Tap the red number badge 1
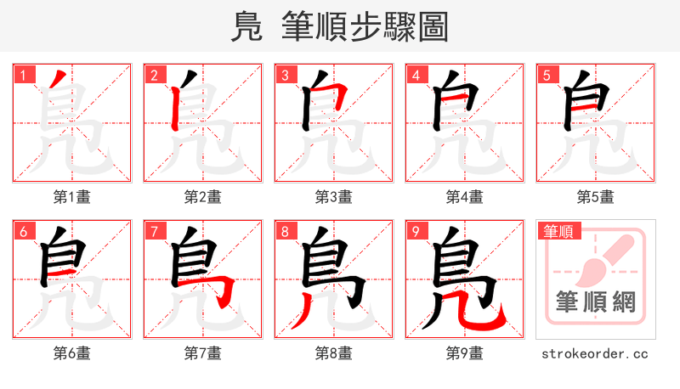tap(23, 75)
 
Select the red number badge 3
tap(285, 75)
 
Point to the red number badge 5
tap(547, 75)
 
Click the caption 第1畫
tap(72, 197)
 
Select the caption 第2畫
tap(203, 197)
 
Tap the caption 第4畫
tap(465, 197)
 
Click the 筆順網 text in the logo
tap(596, 302)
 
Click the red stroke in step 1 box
tap(54, 85)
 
